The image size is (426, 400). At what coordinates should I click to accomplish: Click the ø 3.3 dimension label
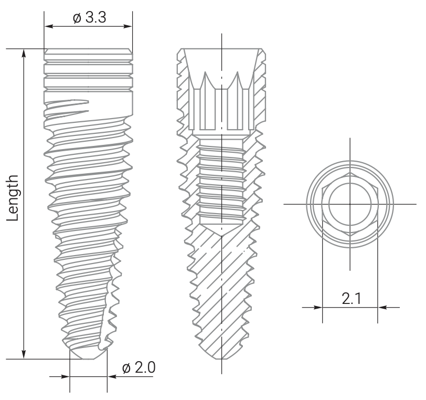tap(89, 17)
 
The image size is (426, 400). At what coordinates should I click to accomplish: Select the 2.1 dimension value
tap(350, 299)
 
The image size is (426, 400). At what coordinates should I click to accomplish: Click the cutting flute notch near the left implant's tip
tap(109, 315)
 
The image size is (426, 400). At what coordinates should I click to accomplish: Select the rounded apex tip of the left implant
tap(88, 355)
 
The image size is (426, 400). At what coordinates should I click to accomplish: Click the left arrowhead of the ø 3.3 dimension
tap(48, 26)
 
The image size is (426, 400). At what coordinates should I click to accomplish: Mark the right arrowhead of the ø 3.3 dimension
tap(129, 26)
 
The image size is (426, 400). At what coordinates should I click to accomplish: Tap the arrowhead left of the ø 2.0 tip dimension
tap(66, 376)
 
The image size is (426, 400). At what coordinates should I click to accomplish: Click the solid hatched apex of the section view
tap(221, 315)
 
